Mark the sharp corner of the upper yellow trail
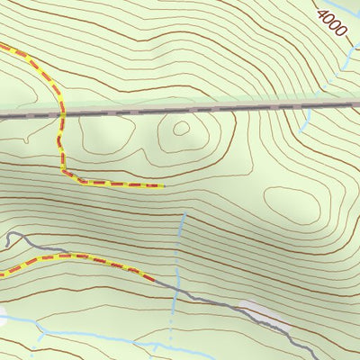(x=63, y=172)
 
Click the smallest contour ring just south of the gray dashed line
(x=181, y=128)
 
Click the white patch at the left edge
(x=3, y=317)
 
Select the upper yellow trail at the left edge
(x=3, y=45)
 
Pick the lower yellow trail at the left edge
(x=3, y=273)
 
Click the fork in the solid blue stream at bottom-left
(x=40, y=330)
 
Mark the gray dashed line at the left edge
(x=3, y=114)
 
